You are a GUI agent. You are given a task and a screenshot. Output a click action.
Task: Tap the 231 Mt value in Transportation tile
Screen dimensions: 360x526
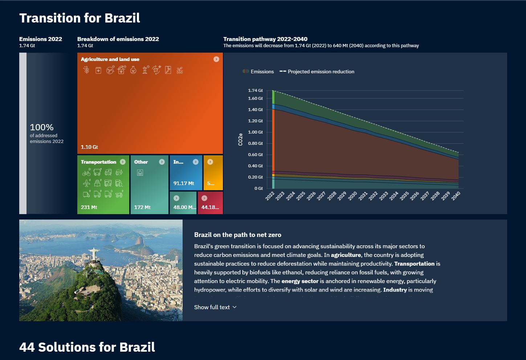(89, 207)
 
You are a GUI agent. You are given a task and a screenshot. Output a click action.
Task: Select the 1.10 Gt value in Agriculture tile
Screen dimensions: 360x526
(89, 147)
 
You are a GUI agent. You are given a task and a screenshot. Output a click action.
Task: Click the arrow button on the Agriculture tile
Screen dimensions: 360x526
(216, 59)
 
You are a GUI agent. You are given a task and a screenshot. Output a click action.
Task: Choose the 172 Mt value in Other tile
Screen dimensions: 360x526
(142, 207)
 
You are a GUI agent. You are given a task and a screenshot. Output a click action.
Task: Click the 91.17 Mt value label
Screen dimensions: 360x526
(184, 183)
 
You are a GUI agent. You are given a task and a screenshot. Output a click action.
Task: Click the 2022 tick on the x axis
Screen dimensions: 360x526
(270, 196)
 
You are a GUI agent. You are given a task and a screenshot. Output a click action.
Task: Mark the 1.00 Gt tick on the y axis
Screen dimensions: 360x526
(255, 132)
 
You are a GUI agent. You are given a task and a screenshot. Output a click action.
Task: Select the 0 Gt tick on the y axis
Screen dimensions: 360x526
(258, 188)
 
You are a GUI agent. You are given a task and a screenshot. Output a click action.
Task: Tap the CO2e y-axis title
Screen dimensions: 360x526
(240, 139)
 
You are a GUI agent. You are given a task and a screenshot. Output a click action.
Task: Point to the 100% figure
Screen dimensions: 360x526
(42, 127)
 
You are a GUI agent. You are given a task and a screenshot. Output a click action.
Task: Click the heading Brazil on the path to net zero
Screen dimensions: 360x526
(237, 235)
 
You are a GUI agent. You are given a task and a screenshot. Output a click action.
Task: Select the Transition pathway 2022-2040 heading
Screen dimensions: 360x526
(265, 39)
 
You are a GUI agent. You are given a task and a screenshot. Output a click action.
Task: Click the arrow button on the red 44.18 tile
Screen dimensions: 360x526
(204, 198)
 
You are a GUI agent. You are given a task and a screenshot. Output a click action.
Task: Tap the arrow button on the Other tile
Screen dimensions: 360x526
(162, 162)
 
